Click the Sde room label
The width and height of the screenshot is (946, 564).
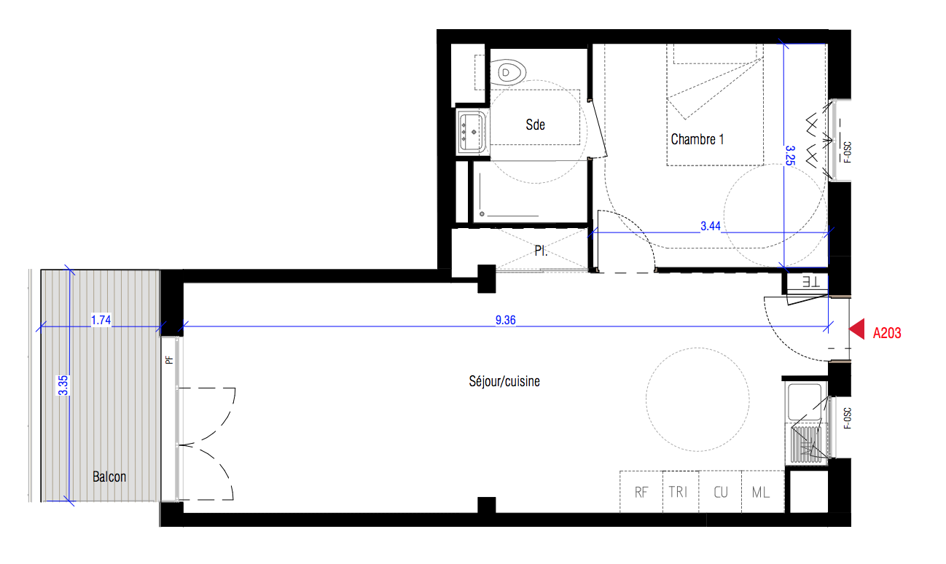point(535,125)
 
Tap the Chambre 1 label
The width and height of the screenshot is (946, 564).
point(697,139)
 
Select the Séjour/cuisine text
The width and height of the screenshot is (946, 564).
point(504,381)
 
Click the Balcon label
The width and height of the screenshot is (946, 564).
point(109,477)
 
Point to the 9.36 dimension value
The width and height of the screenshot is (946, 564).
point(506,320)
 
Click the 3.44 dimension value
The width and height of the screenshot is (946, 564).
point(711,227)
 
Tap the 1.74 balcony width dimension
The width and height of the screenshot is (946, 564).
point(101,320)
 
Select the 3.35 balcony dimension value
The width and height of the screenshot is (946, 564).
point(63,385)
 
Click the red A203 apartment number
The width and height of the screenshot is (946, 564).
point(887,333)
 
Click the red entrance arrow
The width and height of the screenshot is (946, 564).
point(856,329)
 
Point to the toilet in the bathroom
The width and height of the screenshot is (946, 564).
point(508,73)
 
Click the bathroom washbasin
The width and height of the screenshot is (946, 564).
point(472,132)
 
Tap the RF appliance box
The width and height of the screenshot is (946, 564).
point(641,492)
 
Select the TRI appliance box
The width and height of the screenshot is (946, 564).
point(681,492)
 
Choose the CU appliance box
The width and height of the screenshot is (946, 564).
point(720,492)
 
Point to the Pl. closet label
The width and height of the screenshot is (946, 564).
point(541,251)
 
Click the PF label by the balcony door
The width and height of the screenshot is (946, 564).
point(169,360)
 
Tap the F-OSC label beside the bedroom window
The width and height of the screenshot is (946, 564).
point(847,152)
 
